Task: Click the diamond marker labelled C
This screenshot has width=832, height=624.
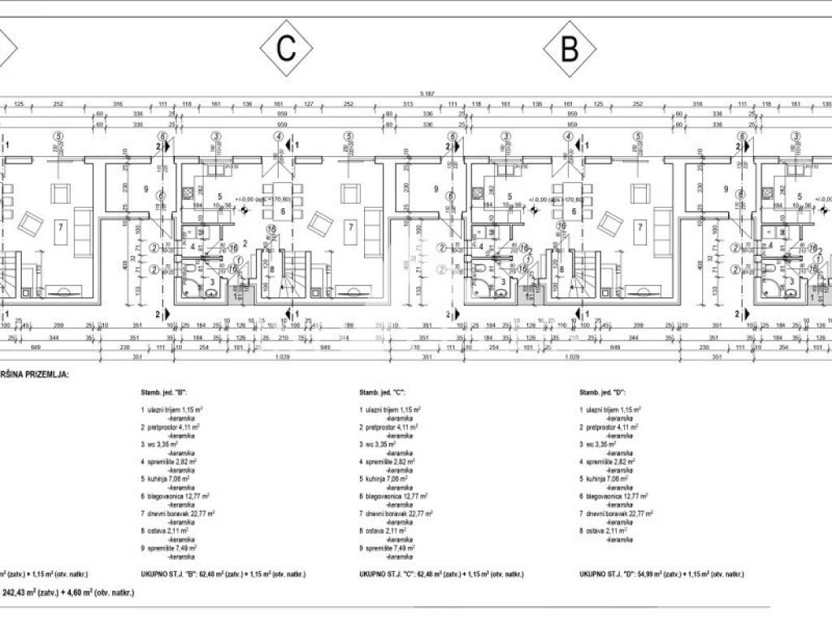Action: click(286, 49)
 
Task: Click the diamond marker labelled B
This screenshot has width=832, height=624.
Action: click(570, 49)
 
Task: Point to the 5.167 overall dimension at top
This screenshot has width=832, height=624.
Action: click(427, 94)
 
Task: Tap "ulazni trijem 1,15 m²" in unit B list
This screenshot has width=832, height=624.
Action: click(172, 409)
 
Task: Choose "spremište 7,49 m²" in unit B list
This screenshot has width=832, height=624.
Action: click(171, 548)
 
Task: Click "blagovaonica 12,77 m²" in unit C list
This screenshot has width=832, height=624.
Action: click(393, 496)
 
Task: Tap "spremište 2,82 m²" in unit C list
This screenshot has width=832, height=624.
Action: click(391, 461)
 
